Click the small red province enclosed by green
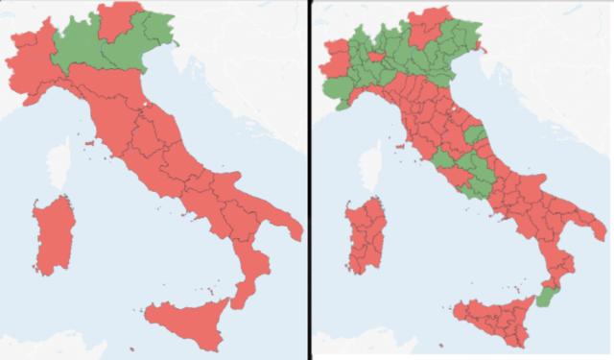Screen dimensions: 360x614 coord(378,58)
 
